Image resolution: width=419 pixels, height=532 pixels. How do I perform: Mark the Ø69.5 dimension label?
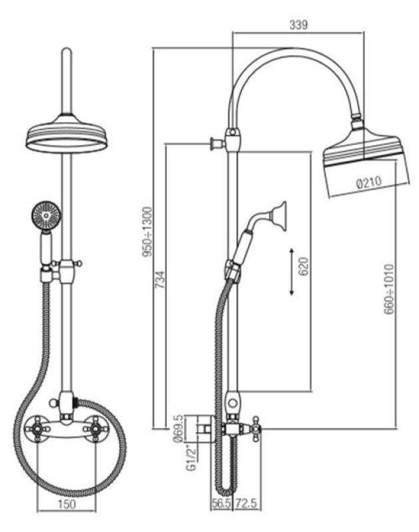point(178,427)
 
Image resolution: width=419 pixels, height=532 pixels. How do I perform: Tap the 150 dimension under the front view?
point(66,504)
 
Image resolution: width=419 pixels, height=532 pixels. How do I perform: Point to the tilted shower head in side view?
point(362,158)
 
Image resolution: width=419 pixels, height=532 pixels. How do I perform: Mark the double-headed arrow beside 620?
point(293,271)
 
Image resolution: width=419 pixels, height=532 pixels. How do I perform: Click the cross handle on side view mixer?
point(256,431)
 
